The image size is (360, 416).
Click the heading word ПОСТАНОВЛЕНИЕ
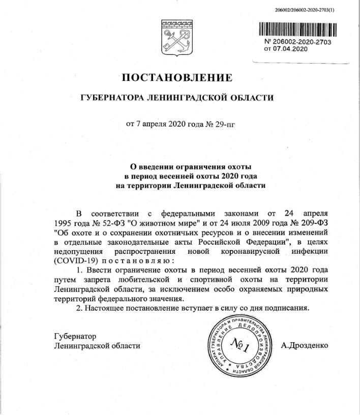(x=176, y=78)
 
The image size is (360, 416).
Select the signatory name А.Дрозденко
(x=305, y=345)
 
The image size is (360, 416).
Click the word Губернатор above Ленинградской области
(x=74, y=336)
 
